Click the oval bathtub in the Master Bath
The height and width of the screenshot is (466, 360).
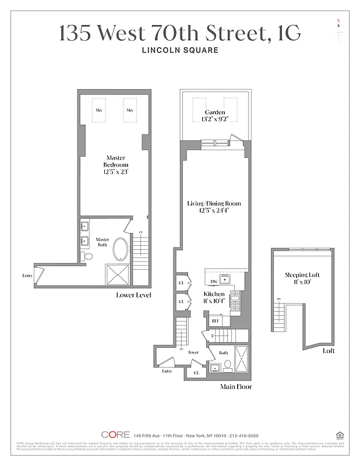(x=121, y=249)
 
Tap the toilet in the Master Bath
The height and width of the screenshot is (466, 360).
(x=88, y=256)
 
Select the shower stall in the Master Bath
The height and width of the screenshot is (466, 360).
(x=119, y=273)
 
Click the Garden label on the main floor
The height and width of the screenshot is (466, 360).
(x=214, y=112)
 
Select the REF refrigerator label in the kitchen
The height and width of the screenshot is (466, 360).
(x=215, y=320)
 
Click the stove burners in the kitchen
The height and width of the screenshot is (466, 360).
(x=235, y=302)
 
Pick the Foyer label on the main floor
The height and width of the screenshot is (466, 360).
(x=193, y=352)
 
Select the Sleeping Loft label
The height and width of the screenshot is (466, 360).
(x=302, y=274)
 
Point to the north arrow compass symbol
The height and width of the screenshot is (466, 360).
(x=338, y=31)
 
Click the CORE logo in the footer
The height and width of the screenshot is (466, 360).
(x=115, y=435)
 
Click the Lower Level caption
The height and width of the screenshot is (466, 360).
(x=133, y=295)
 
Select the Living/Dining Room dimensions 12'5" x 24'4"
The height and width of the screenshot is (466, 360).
(x=214, y=211)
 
